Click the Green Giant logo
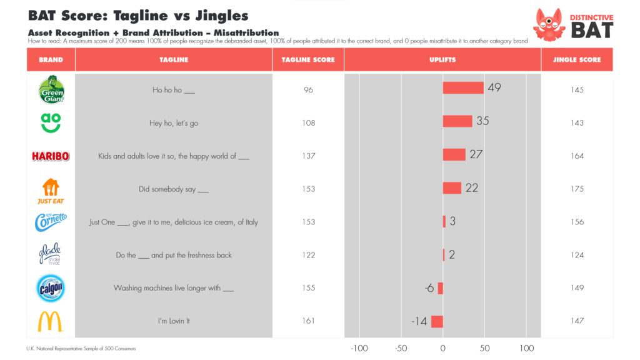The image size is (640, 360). [51, 89]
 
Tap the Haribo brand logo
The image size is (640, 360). [51, 156]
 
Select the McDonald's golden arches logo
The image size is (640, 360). [51, 321]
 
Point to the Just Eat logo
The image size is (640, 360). [51, 191]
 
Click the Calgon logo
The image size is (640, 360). [51, 288]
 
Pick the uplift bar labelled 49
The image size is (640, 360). [463, 87]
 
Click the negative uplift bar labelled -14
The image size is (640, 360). [437, 321]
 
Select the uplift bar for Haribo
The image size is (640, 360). [454, 154]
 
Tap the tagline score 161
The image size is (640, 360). [308, 321]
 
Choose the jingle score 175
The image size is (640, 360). [577, 189]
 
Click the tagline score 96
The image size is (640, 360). [308, 90]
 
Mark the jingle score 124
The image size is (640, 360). [577, 255]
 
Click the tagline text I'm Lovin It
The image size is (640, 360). [174, 321]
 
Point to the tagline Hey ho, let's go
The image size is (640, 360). [174, 123]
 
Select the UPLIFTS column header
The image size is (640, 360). [442, 60]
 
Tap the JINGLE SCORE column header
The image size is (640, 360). [577, 60]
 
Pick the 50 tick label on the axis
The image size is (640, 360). [484, 348]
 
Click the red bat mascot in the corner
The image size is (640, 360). [549, 24]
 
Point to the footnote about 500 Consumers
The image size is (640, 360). [81, 348]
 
